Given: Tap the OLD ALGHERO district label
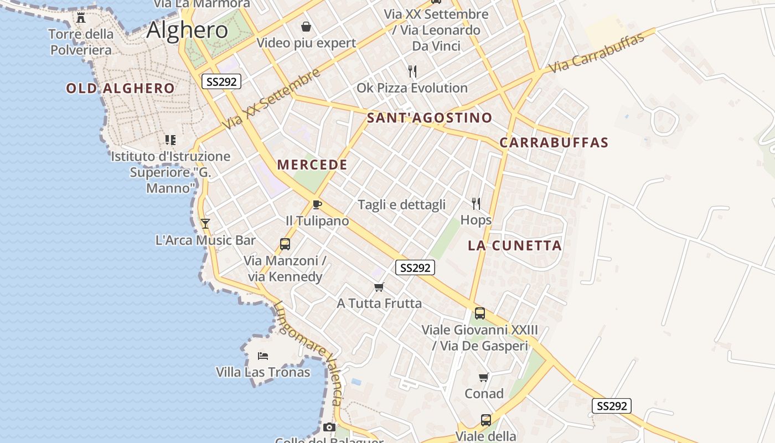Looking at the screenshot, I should point(120,88).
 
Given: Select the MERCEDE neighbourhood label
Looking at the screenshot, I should point(312,164).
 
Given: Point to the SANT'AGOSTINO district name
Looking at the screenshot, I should point(430,117).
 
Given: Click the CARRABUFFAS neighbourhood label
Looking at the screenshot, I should point(554,142).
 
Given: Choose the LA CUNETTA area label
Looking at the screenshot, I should point(515,245).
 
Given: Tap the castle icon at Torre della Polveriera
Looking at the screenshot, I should point(81,18).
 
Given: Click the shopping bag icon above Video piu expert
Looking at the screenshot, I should point(306,26).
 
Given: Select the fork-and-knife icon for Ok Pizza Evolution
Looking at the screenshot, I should point(412,71).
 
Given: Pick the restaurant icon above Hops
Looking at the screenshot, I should point(476,203).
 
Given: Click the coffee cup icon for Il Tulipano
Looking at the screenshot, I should point(317,205).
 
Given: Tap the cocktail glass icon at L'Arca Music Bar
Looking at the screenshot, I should point(205,223).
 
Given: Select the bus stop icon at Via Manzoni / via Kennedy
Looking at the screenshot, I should point(285,244).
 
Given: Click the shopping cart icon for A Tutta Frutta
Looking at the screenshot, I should point(379,287).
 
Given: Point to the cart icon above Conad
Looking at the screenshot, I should point(484,378).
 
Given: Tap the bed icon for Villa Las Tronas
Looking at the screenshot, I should point(263,356).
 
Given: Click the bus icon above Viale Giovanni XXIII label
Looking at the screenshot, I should point(480,313).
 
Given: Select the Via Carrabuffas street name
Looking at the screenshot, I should point(597,53).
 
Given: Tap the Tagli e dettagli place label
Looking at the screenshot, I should point(401,205).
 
